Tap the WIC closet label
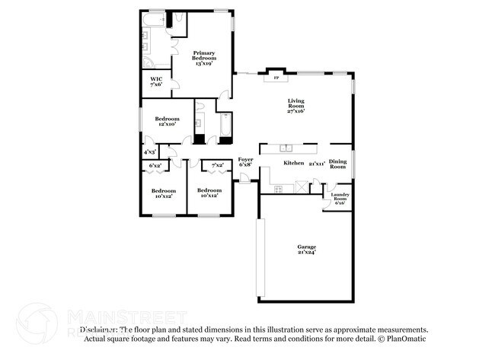tap(156, 81)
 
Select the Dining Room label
tap(338, 164)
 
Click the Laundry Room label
tap(339, 199)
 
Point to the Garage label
tap(306, 249)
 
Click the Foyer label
tap(245, 162)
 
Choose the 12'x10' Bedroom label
tap(167, 122)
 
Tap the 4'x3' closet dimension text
tap(150, 153)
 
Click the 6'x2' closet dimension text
tap(155, 165)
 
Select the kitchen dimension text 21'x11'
tap(316, 164)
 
